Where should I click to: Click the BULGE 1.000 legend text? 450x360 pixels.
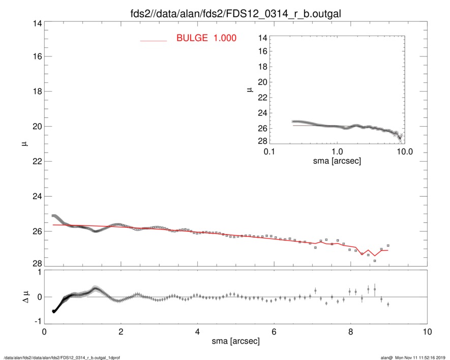click(x=206, y=38)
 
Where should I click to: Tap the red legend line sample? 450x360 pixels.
click(x=154, y=40)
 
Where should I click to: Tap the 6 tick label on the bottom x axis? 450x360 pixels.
click(x=274, y=332)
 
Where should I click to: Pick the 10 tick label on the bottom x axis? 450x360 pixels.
click(x=427, y=332)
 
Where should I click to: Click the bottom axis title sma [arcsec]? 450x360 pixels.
click(x=235, y=342)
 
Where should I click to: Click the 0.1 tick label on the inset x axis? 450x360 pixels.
click(x=269, y=152)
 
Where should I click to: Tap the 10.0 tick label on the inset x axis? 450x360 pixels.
click(x=404, y=152)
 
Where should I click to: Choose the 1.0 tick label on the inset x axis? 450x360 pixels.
click(x=337, y=152)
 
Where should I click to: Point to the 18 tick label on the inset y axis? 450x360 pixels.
click(x=263, y=67)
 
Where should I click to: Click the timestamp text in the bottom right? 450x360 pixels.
click(x=413, y=357)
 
